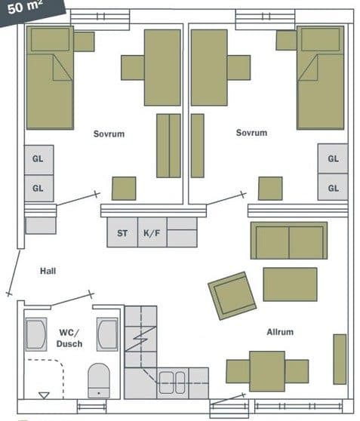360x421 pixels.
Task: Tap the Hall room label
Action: [48, 271]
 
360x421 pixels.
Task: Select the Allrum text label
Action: [280, 332]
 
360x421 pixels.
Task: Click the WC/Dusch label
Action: [69, 338]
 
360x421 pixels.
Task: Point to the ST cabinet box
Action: [122, 232]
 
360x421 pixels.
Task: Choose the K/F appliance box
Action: [152, 232]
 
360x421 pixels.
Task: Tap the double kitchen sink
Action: [172, 383]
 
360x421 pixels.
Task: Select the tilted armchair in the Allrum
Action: [232, 296]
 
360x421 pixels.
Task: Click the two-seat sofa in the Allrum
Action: [289, 241]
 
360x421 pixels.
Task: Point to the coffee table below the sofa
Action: [290, 284]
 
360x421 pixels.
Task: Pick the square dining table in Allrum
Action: [267, 371]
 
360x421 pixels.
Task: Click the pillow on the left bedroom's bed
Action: [50, 39]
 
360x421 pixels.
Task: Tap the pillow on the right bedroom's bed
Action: [320, 39]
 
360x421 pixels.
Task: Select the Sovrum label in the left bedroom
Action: [109, 134]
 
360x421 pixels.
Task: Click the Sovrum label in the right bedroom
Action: [251, 133]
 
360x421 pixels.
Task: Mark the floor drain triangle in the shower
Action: [44, 395]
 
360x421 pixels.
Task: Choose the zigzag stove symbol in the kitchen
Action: [140, 339]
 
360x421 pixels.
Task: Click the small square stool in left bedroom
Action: [124, 188]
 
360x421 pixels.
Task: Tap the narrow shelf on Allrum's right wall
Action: [340, 359]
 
